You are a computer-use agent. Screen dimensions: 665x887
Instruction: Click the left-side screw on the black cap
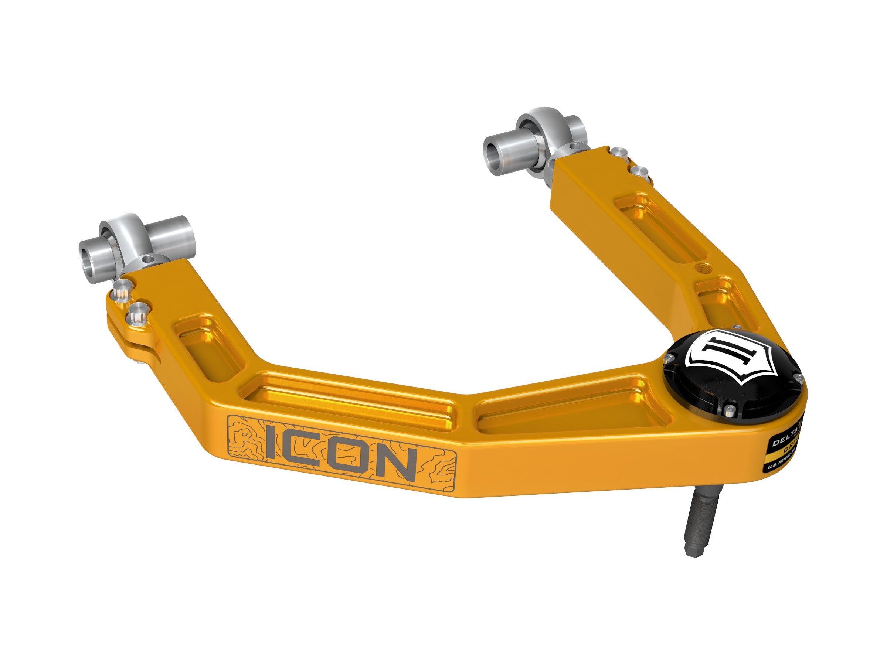[x=669, y=357]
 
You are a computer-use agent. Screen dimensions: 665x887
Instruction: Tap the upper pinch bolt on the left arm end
[x=121, y=288]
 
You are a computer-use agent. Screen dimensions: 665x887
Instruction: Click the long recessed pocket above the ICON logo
[x=353, y=401]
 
